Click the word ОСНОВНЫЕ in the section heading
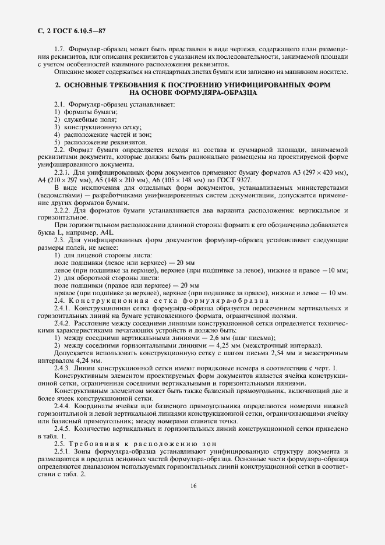89,85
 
